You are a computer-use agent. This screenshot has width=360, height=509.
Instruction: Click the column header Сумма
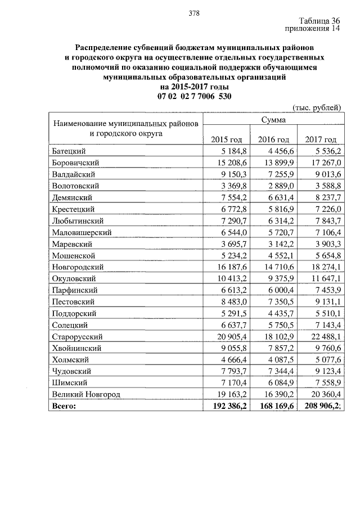pos(273,120)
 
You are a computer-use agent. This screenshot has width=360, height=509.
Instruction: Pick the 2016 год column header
pos(273,139)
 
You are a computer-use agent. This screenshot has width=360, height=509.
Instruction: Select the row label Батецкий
pos(69,151)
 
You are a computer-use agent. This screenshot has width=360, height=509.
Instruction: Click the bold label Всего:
pos(63,406)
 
